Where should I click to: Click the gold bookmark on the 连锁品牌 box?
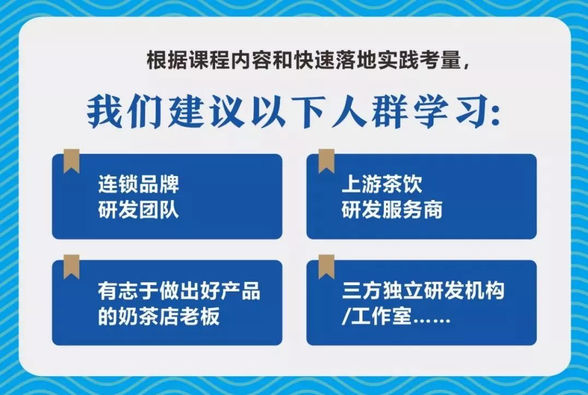click(72, 161)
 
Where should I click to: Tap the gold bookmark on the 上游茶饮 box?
click(326, 161)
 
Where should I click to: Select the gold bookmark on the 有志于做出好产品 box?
click(72, 266)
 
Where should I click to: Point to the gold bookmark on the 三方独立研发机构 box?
click(326, 266)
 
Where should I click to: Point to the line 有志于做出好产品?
click(179, 291)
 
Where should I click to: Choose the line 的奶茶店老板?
click(159, 316)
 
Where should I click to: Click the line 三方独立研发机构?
click(423, 291)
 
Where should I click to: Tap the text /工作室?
click(377, 316)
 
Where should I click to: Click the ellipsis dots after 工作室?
click(431, 321)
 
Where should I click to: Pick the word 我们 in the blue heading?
click(124, 113)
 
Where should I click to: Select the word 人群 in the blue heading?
click(370, 113)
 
